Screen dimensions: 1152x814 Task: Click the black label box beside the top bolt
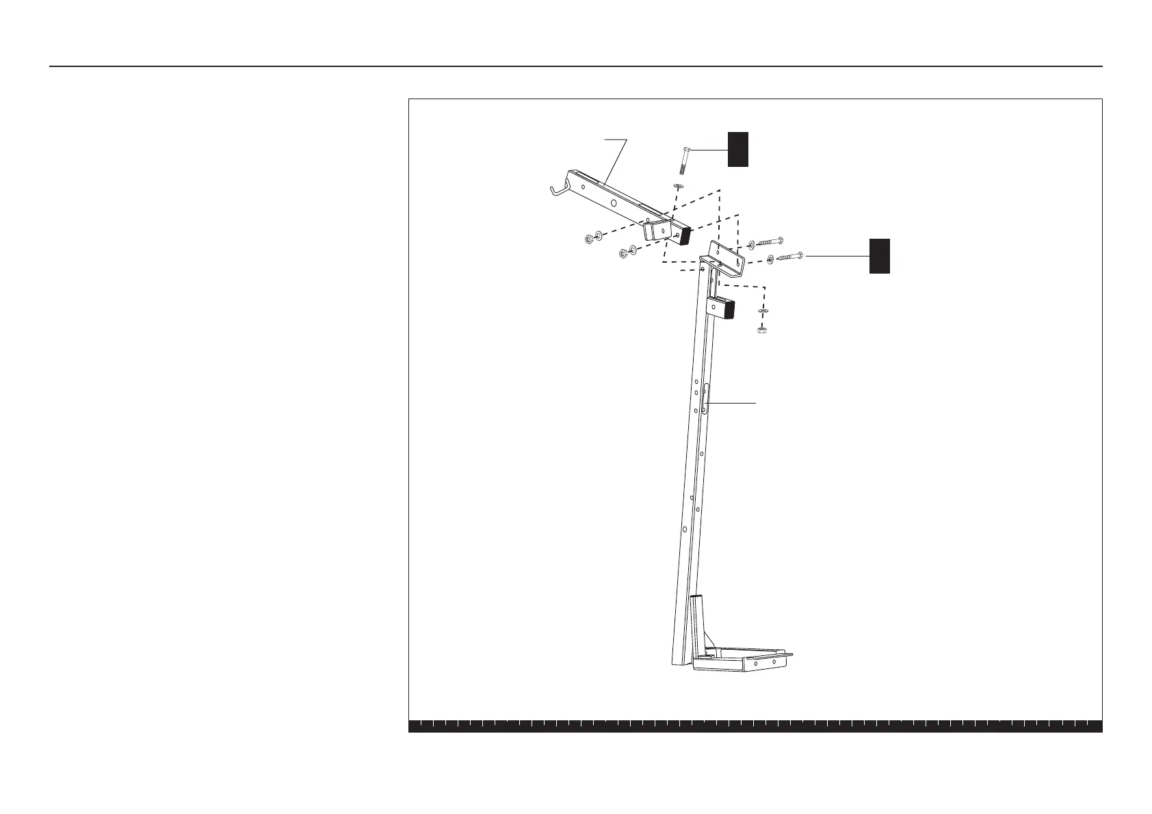[737, 149]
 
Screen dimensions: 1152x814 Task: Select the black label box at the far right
[879, 256]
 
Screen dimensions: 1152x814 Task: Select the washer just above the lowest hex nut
[763, 312]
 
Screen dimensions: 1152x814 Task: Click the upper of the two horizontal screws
[770, 241]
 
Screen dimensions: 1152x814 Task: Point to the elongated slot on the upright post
[705, 397]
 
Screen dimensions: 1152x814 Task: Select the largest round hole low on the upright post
[684, 529]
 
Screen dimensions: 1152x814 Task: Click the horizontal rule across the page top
[576, 66]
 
